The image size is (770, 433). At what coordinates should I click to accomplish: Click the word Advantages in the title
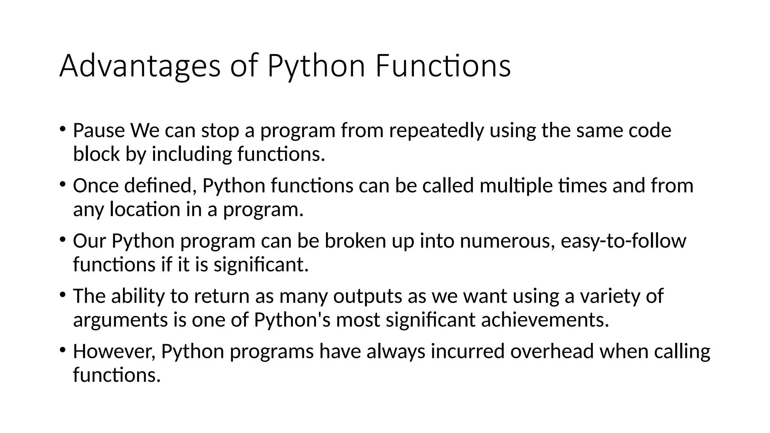(139, 67)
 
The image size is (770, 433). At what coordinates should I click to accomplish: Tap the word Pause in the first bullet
(99, 130)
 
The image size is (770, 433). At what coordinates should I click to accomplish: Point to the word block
(96, 154)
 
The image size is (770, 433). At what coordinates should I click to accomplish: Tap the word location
(145, 209)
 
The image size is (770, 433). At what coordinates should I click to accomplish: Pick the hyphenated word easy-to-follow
(623, 241)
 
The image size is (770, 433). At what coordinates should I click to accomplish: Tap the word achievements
(545, 320)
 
